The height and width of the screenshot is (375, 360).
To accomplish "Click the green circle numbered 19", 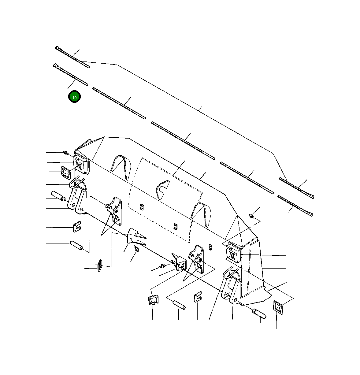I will point(74,97).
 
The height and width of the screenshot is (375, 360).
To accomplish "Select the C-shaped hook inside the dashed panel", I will point(162,190).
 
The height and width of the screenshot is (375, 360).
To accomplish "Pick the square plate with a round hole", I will point(181,263).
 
